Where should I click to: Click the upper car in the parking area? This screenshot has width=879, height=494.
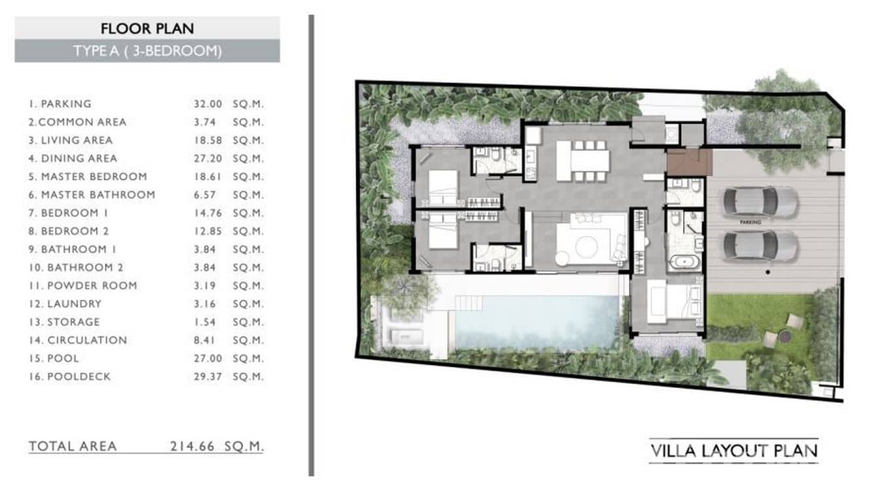[x=760, y=201]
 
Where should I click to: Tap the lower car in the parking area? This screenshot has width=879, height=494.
[x=760, y=245]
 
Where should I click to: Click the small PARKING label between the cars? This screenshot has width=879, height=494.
[x=751, y=223]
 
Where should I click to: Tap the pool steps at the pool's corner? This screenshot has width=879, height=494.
[x=470, y=303]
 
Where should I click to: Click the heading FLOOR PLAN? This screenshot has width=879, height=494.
[x=147, y=28]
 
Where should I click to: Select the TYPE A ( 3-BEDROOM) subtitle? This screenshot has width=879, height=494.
[x=147, y=51]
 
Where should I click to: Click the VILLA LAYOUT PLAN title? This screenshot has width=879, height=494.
[x=734, y=451]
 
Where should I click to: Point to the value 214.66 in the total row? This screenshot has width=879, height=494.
[x=194, y=446]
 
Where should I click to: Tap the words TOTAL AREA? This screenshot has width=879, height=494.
[x=73, y=446]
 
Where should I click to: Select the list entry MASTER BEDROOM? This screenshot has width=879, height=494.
[x=94, y=176]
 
